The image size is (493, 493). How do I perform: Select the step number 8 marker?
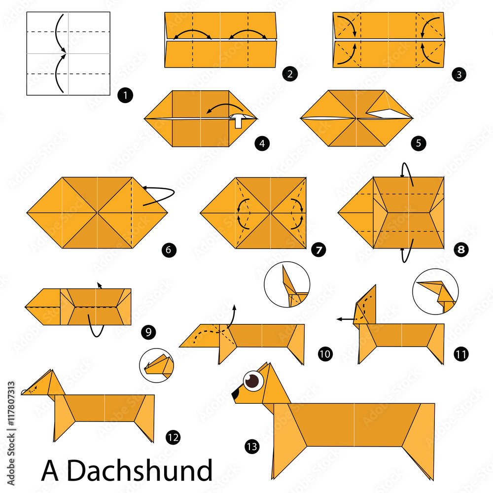tap(461, 250)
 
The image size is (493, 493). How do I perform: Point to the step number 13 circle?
tap(251, 447)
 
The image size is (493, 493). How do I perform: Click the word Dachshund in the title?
tap(139, 470)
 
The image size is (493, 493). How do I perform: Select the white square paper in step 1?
tap(68, 53)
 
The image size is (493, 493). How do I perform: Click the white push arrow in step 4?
tap(239, 120)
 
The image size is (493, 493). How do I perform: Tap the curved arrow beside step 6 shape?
tap(160, 195)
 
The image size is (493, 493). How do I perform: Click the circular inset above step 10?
tap(287, 284)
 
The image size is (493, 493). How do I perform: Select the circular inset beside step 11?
tap(435, 291)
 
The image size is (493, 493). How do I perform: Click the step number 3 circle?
tap(459, 74)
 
